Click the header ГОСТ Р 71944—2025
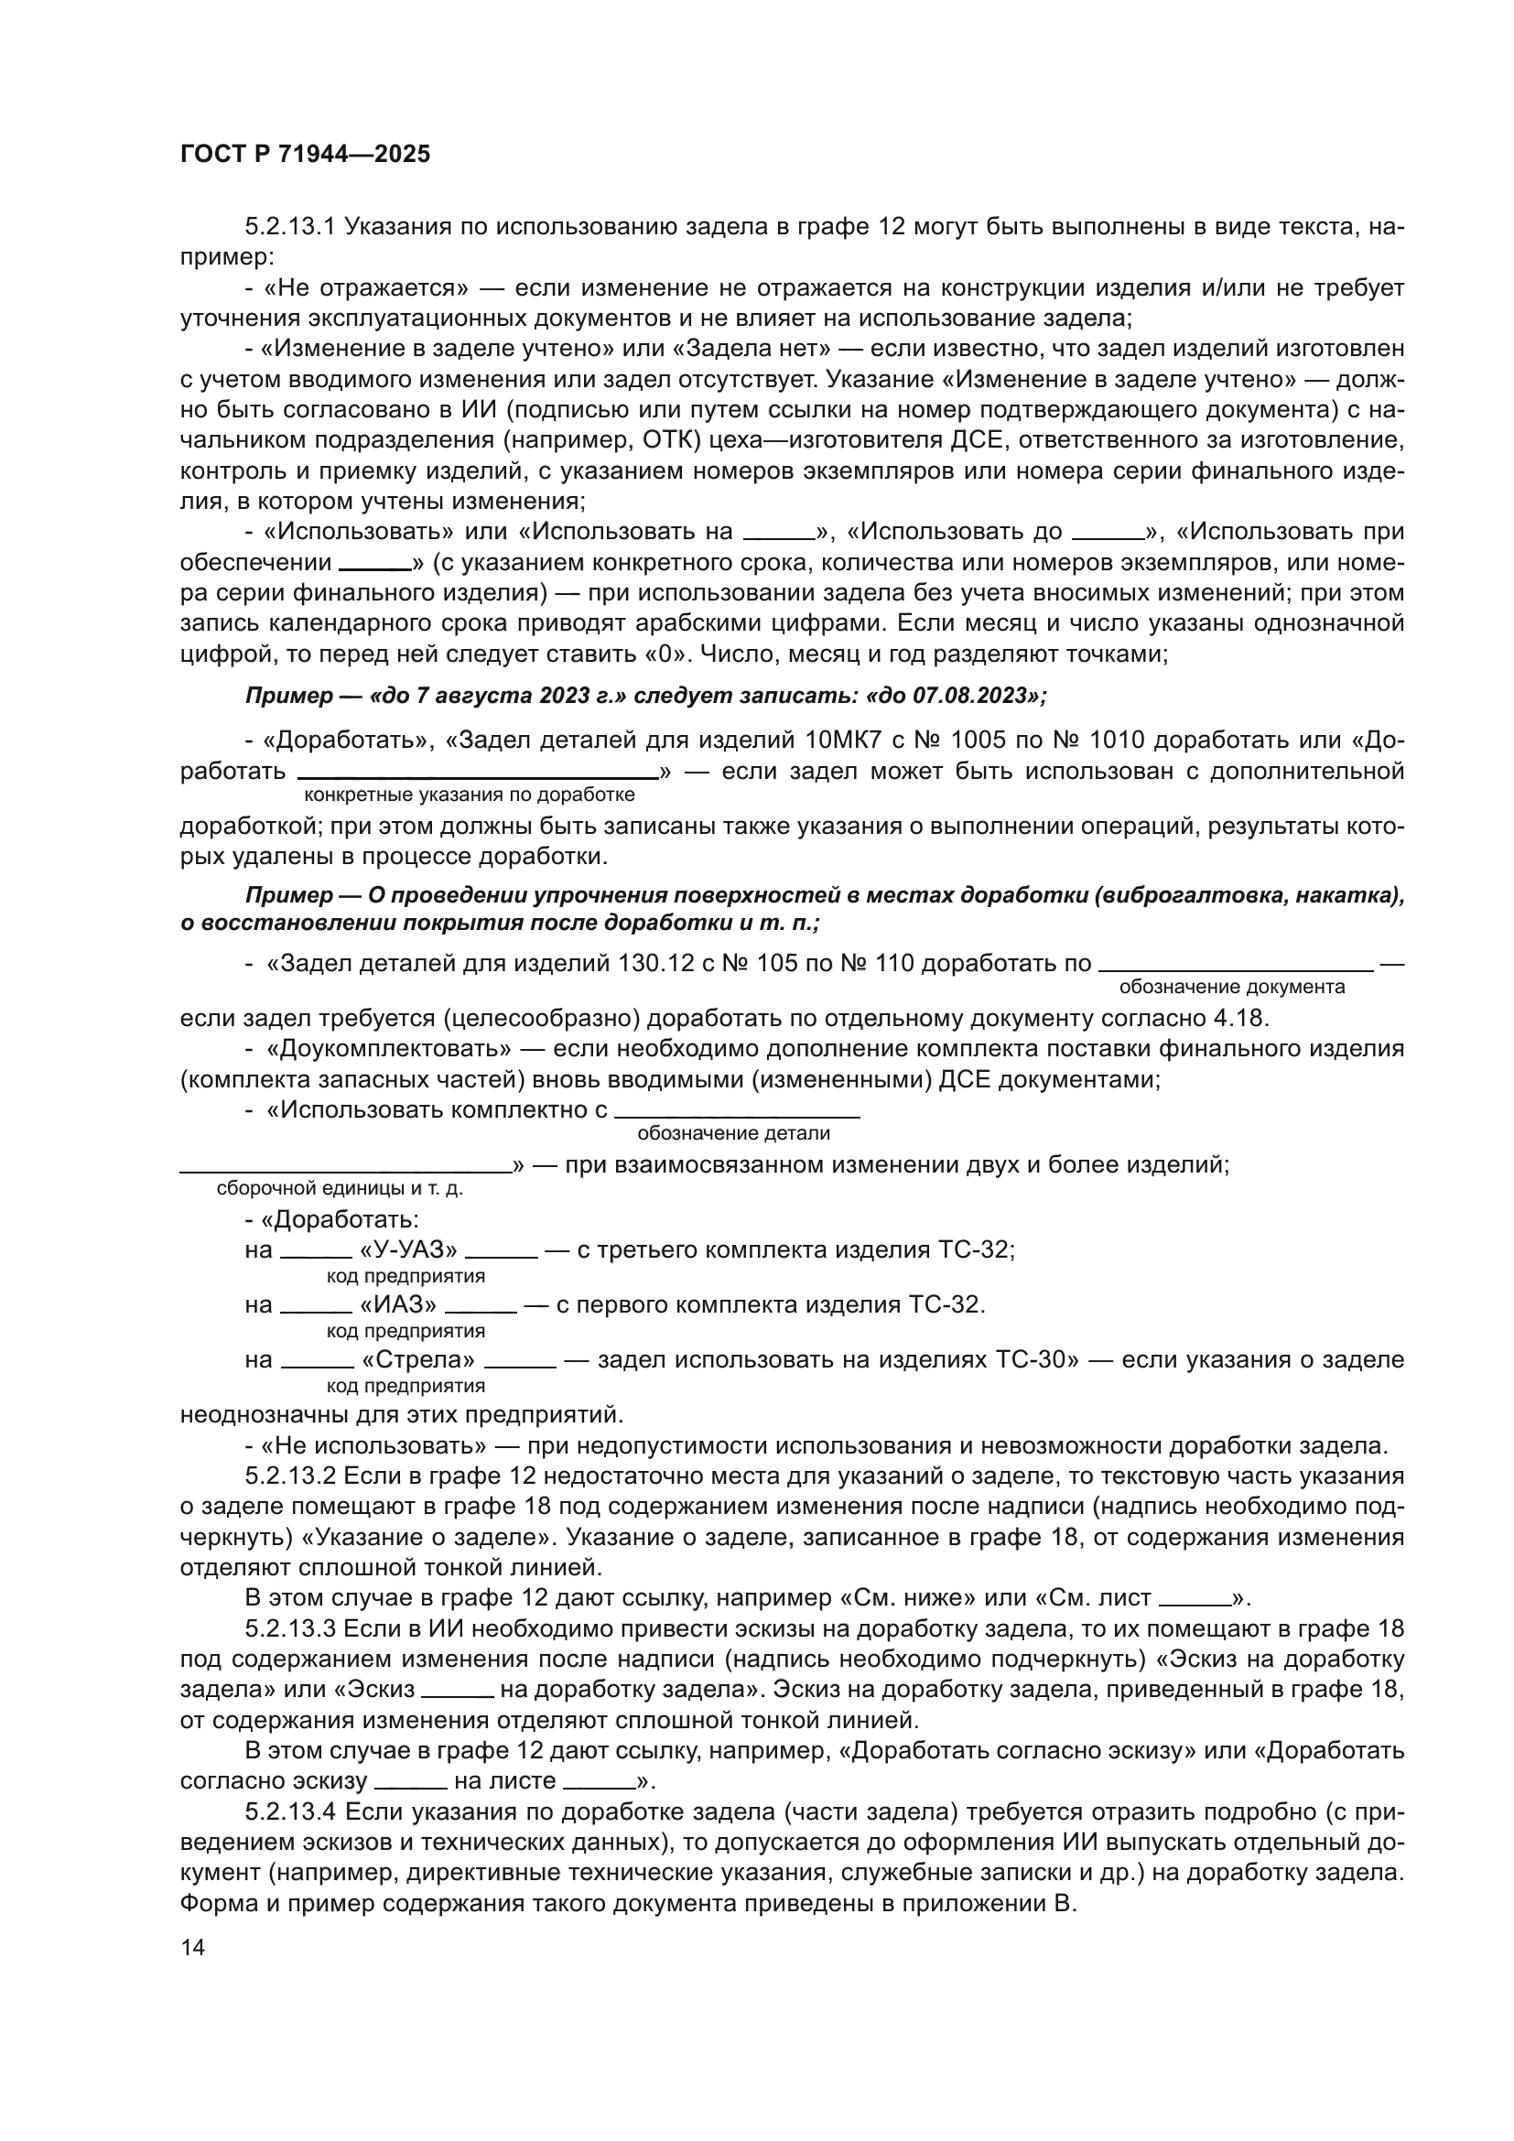click(305, 155)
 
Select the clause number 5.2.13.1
click(289, 227)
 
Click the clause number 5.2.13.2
click(289, 1476)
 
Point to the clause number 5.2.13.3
click(289, 1629)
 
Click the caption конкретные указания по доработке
click(470, 795)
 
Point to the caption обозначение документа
click(1231, 988)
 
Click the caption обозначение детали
click(733, 1134)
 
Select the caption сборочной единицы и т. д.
click(340, 1189)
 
